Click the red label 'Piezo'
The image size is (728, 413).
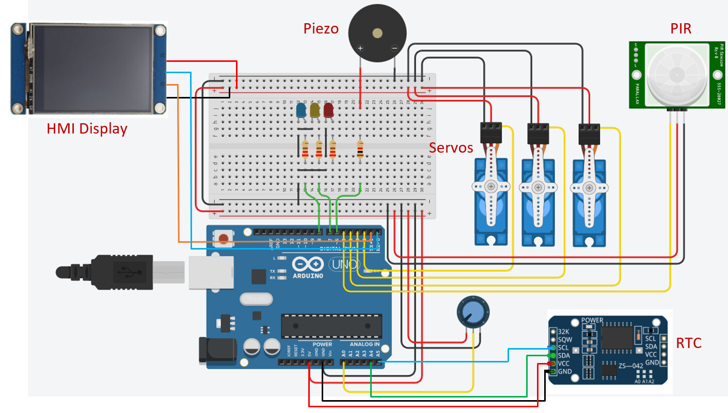(x=321, y=28)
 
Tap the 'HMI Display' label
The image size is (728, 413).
(x=87, y=128)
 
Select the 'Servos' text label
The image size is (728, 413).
(x=451, y=148)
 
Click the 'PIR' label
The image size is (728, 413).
(x=680, y=29)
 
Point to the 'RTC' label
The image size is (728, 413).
(x=689, y=343)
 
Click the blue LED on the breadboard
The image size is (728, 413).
(x=300, y=110)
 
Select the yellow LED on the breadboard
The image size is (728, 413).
(x=314, y=110)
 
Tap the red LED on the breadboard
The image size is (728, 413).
(x=328, y=110)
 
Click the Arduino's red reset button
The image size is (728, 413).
(x=223, y=238)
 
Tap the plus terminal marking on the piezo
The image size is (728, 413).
(x=360, y=48)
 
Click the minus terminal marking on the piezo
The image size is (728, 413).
(x=394, y=48)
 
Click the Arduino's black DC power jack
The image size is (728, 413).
(x=217, y=351)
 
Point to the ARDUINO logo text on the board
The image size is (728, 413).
(x=308, y=275)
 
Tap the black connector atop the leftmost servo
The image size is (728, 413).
(x=490, y=133)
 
